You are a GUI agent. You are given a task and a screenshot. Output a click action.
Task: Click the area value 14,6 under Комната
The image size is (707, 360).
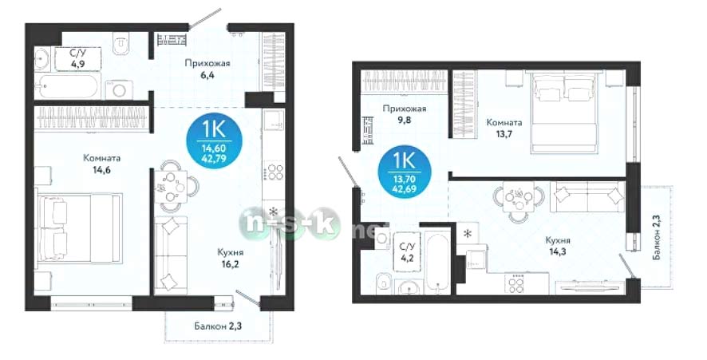pos(102,170)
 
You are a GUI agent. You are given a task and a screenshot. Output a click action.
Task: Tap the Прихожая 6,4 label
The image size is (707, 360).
pos(207,69)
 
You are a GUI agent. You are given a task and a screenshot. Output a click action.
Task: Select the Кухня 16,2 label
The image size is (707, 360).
pos(231,258)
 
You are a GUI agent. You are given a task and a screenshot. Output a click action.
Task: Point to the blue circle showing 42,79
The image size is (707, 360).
pos(214,140)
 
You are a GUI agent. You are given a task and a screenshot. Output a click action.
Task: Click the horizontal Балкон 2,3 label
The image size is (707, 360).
pos(218,326)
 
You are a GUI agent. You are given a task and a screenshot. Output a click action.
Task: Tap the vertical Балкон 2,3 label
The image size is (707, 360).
pos(657,237)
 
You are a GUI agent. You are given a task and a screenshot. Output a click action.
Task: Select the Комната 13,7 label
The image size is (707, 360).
pos(504,128)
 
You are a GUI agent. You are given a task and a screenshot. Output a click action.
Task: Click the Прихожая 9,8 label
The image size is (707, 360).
pos(405,114)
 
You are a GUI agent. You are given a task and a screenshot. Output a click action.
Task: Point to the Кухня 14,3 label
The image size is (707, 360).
pos(558,246)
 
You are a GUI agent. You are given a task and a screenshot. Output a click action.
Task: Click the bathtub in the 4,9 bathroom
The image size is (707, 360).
pos(67,87)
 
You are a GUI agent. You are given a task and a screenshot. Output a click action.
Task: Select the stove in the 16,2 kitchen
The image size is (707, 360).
pos(273,172)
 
